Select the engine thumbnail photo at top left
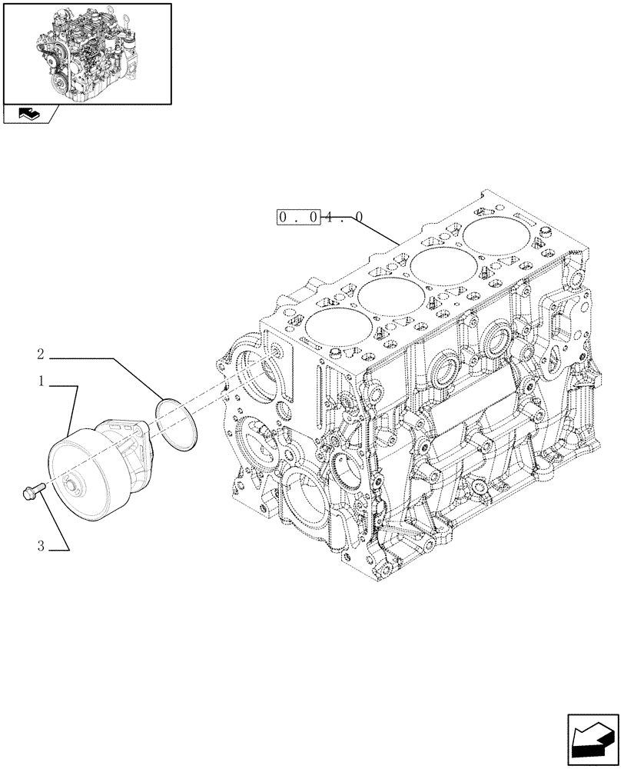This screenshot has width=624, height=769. [x=86, y=53]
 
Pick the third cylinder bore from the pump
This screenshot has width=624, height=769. [x=440, y=262]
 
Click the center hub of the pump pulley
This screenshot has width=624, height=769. [x=74, y=484]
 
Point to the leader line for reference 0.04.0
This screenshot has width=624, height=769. [x=377, y=231]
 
